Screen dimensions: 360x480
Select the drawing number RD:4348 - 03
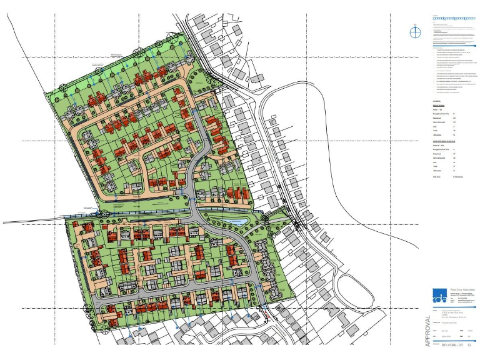[x=451, y=344]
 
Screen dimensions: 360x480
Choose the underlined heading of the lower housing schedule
[x=445, y=142]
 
